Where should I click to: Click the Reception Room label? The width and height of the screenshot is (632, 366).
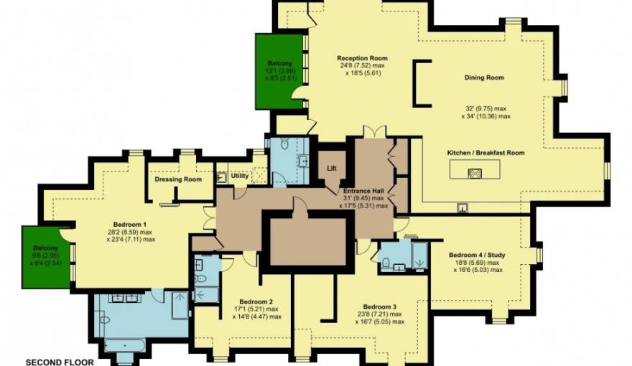coord(363,58)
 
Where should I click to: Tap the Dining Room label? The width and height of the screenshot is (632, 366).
coord(483,78)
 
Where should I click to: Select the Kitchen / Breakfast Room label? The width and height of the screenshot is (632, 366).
coord(487,153)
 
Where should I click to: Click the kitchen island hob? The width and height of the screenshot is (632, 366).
coord(474,172)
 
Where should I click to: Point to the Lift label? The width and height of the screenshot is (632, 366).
coord(331,169)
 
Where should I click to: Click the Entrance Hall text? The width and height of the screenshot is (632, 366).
coord(363,190)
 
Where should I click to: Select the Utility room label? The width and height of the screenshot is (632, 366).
coord(239,175)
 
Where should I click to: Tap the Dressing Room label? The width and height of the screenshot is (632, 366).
coord(178,179)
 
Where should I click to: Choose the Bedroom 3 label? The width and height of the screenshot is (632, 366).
coord(379,306)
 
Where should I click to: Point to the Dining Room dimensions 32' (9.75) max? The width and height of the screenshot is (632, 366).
coord(487,108)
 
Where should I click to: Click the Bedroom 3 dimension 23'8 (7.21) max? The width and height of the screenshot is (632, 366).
coord(379,314)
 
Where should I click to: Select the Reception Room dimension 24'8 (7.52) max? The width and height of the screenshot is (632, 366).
coord(363,66)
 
